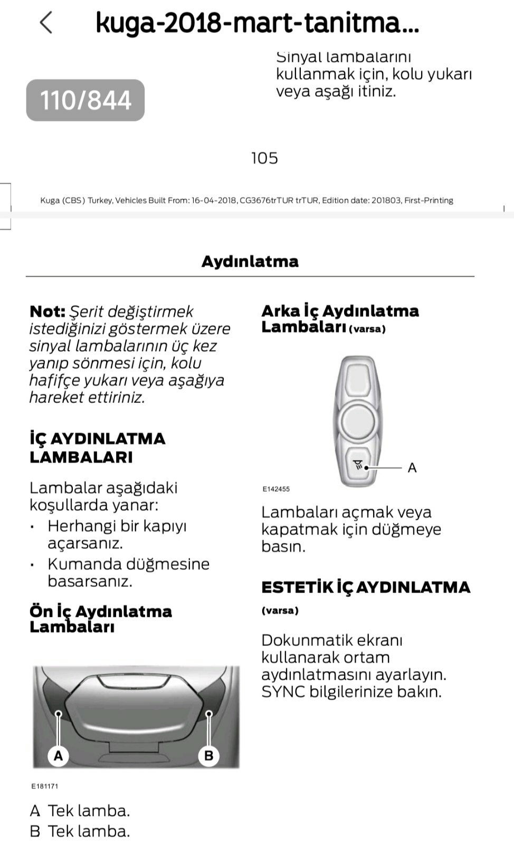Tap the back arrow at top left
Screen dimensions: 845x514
pos(46,23)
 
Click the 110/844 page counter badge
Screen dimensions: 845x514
pos(85,100)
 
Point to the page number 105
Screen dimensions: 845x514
pos(264,158)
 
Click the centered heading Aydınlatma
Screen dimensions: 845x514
pos(250,261)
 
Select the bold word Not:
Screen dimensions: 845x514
pos(47,312)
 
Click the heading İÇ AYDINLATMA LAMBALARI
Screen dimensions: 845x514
pos(98,448)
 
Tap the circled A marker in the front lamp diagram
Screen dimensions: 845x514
pos(59,756)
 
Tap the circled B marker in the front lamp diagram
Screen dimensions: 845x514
pos(209,756)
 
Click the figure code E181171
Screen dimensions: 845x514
pos(45,786)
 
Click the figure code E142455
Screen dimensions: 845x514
pos(276,489)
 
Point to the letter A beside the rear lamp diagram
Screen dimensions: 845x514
pos(412,468)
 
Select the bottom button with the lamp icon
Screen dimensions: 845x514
pos(359,466)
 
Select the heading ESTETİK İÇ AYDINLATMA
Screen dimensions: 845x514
pos(366,587)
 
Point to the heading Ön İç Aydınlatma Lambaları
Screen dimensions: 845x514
pos(101,618)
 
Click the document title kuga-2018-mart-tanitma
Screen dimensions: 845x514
pos(257,23)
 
